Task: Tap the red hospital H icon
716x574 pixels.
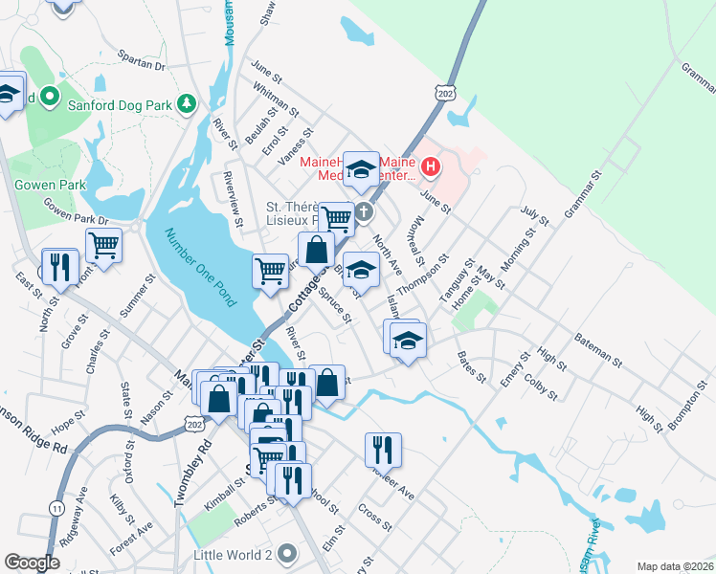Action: pyautogui.click(x=431, y=168)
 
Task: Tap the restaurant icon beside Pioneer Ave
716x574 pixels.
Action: pyautogui.click(x=383, y=449)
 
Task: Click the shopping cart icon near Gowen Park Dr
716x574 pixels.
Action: pyautogui.click(x=103, y=245)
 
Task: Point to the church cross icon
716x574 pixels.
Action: pyautogui.click(x=363, y=210)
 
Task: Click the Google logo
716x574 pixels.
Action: pyautogui.click(x=33, y=563)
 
